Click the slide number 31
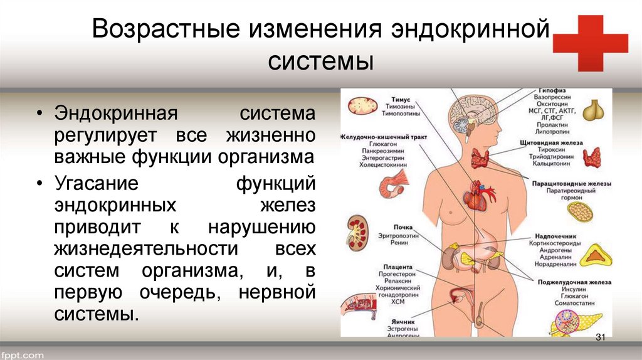[x=599, y=338]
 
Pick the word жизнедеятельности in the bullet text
[x=146, y=249]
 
